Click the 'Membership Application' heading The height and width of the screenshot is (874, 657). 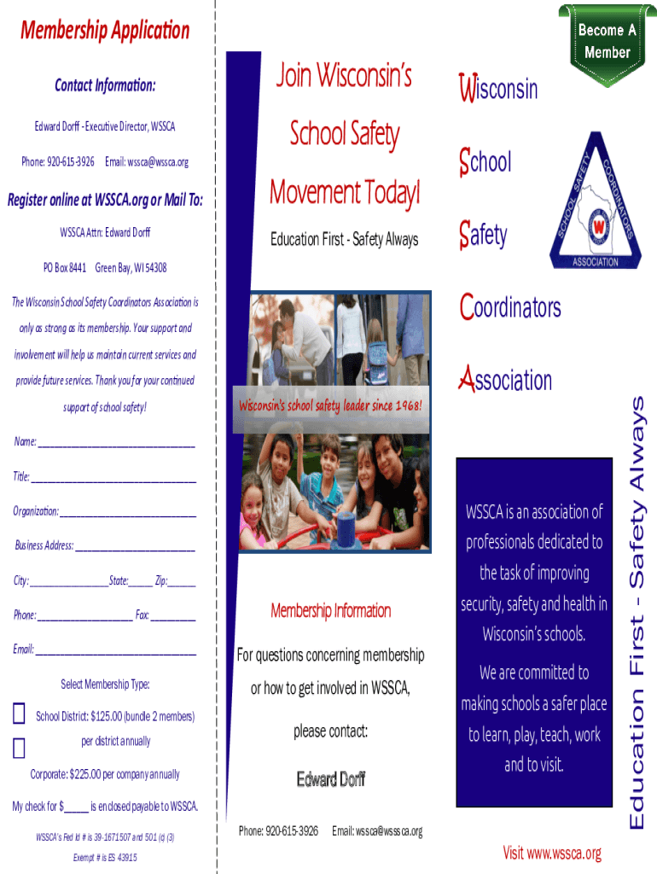[x=105, y=32]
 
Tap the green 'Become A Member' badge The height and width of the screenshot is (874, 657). [x=607, y=40]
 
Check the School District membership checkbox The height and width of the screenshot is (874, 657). [x=19, y=715]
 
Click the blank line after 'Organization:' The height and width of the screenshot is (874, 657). [x=128, y=512]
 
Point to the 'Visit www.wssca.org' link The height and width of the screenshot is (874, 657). [x=552, y=853]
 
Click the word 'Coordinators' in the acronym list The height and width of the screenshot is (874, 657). [x=510, y=307]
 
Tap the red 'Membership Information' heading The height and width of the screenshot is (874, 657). [x=331, y=610]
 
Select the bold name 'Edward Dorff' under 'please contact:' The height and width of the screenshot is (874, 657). [x=331, y=778]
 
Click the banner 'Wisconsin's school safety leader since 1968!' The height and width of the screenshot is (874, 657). [x=330, y=405]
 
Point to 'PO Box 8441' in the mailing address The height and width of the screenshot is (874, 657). [x=65, y=268]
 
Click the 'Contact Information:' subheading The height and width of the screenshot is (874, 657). [x=105, y=85]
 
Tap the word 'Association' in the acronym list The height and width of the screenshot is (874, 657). [x=505, y=380]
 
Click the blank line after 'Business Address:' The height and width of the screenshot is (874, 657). [x=136, y=546]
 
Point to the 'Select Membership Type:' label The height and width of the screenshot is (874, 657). [x=105, y=685]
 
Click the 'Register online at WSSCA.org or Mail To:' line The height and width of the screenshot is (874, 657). [x=105, y=201]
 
